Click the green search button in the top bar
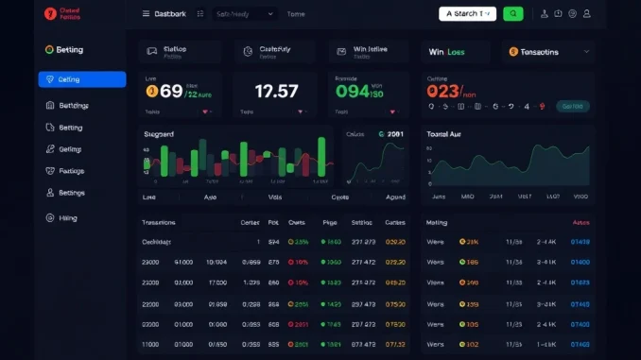512,14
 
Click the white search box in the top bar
467,14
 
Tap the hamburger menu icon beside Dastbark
146,14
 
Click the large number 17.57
276,92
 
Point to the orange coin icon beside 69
151,92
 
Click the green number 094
353,92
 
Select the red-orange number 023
442,92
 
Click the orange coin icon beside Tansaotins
513,52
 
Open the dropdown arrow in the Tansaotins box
586,52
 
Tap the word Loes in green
456,52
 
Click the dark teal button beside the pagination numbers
572,107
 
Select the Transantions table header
158,223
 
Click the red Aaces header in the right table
580,223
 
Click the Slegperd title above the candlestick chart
159,134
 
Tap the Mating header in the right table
436,223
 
